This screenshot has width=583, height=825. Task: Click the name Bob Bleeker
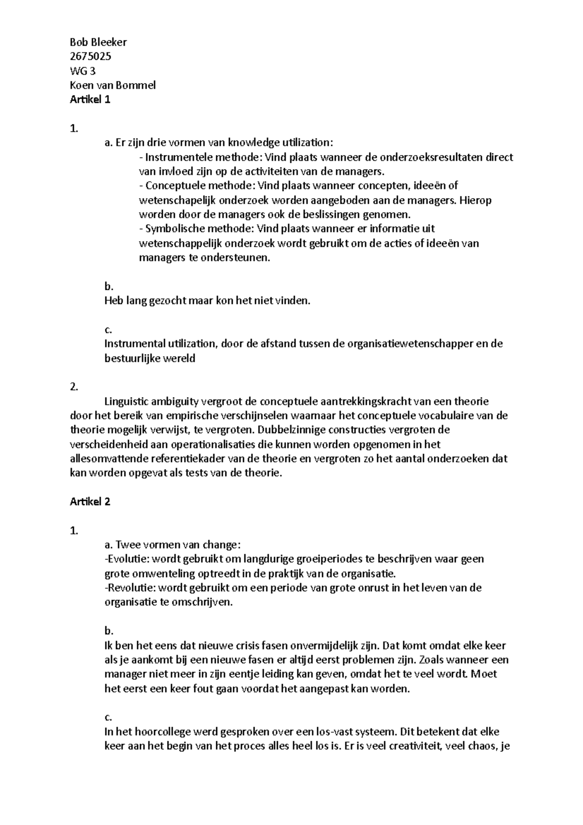pos(98,42)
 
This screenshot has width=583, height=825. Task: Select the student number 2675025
pos(90,56)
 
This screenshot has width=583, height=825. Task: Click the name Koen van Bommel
pos(113,86)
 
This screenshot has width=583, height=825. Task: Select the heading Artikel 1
pos(90,100)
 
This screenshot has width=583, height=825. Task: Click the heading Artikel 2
pos(90,502)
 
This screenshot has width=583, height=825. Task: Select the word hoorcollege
pos(162,732)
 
